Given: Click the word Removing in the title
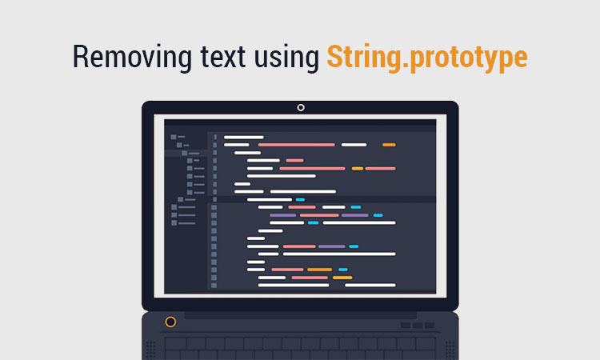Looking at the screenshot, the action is click(x=132, y=58).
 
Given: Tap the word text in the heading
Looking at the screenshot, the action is click(x=222, y=58).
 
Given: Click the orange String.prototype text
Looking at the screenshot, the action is click(x=427, y=58).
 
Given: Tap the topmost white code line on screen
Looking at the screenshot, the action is click(x=244, y=137).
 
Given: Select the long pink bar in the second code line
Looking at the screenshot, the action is click(x=297, y=145).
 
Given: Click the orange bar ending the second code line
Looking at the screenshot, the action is click(x=389, y=145).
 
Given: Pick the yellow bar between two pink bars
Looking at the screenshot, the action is click(x=358, y=168).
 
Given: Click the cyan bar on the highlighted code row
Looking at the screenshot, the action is click(x=300, y=200).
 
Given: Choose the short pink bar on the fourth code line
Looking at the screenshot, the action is click(x=294, y=160).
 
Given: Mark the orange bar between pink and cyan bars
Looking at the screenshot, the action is click(x=319, y=270).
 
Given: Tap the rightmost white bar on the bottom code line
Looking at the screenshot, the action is click(x=370, y=285).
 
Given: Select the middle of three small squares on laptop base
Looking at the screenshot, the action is click(x=418, y=325).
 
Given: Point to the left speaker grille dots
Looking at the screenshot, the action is click(x=150, y=350).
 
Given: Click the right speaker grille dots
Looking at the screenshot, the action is click(x=450, y=350).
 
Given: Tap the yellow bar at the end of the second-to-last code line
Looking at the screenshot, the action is click(x=342, y=278).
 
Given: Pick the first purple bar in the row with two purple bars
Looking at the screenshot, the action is click(x=282, y=215).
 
